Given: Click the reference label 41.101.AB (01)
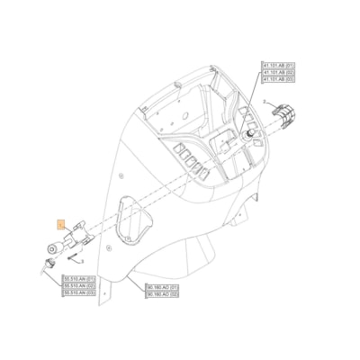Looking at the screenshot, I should tap(277, 66).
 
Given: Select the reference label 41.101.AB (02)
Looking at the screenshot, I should tap(277, 73).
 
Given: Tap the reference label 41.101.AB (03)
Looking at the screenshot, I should tap(277, 80).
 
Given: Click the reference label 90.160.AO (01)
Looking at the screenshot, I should tap(162, 287).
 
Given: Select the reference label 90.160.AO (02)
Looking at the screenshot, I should tap(162, 294).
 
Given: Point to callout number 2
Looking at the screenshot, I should tap(266, 103).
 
